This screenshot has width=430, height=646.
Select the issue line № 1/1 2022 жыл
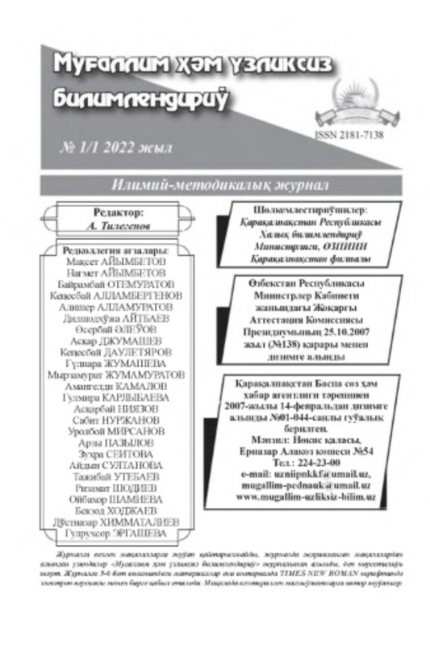pos(116,150)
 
